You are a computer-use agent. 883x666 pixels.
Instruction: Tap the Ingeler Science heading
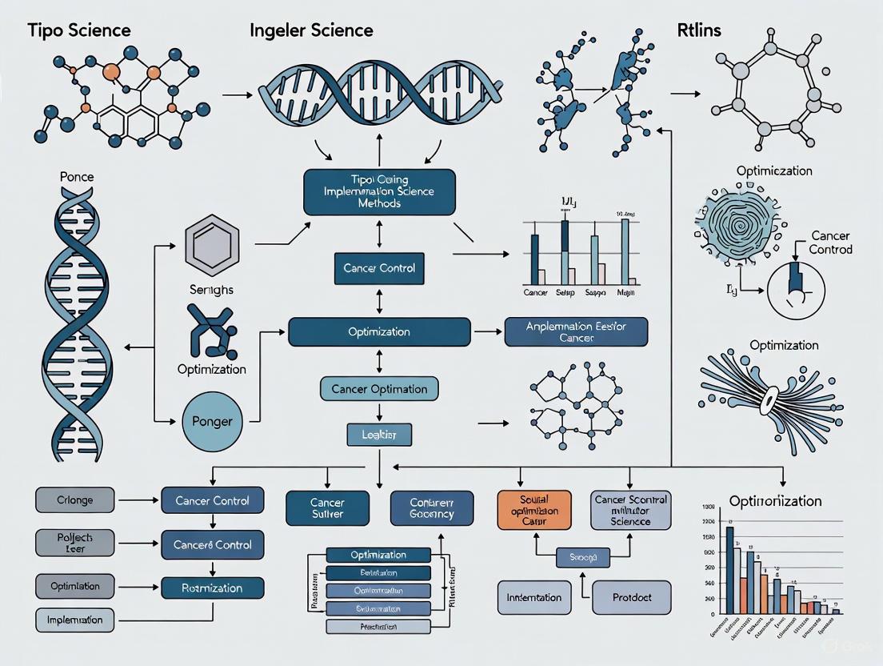pyautogui.click(x=311, y=30)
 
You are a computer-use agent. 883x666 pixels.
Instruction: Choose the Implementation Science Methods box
pyautogui.click(x=379, y=192)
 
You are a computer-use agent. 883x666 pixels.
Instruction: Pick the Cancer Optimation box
pyautogui.click(x=379, y=390)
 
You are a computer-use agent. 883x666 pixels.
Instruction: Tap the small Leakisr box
pyautogui.click(x=379, y=435)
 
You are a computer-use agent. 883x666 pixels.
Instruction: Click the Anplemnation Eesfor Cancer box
pyautogui.click(x=576, y=331)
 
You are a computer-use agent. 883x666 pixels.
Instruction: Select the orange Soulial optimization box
pyautogui.click(x=534, y=510)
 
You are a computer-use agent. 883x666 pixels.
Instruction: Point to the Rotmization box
pyautogui.click(x=213, y=588)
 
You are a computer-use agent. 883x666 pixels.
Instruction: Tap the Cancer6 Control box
pyautogui.click(x=213, y=545)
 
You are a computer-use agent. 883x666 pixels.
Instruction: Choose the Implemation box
pyautogui.click(x=76, y=620)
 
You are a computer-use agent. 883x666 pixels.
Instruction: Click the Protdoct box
pyautogui.click(x=631, y=598)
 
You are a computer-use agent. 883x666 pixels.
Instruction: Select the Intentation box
pyautogui.click(x=534, y=598)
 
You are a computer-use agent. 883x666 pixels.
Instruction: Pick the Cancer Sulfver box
pyautogui.click(x=327, y=508)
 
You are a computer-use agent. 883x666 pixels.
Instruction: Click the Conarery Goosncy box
pyautogui.click(x=432, y=508)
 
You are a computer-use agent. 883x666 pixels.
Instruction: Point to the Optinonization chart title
pyautogui.click(x=775, y=501)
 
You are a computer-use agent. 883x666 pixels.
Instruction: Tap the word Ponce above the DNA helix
pyautogui.click(x=77, y=176)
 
